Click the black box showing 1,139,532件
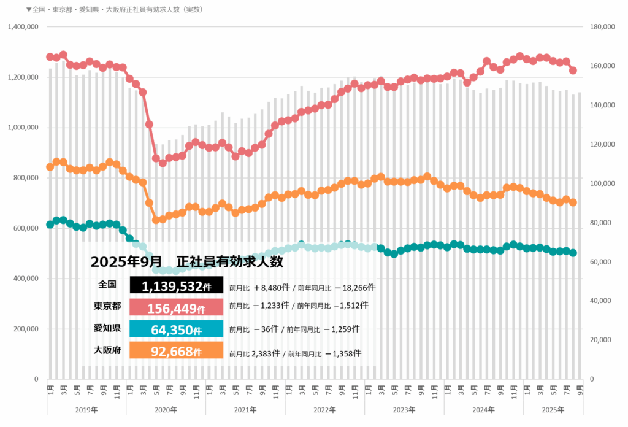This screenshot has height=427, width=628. click(177, 286)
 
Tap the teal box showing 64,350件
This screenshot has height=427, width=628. click(177, 330)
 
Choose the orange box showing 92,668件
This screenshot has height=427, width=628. click(177, 352)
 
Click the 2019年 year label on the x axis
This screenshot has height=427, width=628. click(86, 410)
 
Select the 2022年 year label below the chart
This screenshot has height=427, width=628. click(324, 410)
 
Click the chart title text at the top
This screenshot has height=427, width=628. click(114, 10)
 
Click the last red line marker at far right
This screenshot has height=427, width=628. click(573, 71)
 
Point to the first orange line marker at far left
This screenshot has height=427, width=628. click(50, 167)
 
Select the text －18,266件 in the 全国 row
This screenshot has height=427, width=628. click(351, 287)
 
